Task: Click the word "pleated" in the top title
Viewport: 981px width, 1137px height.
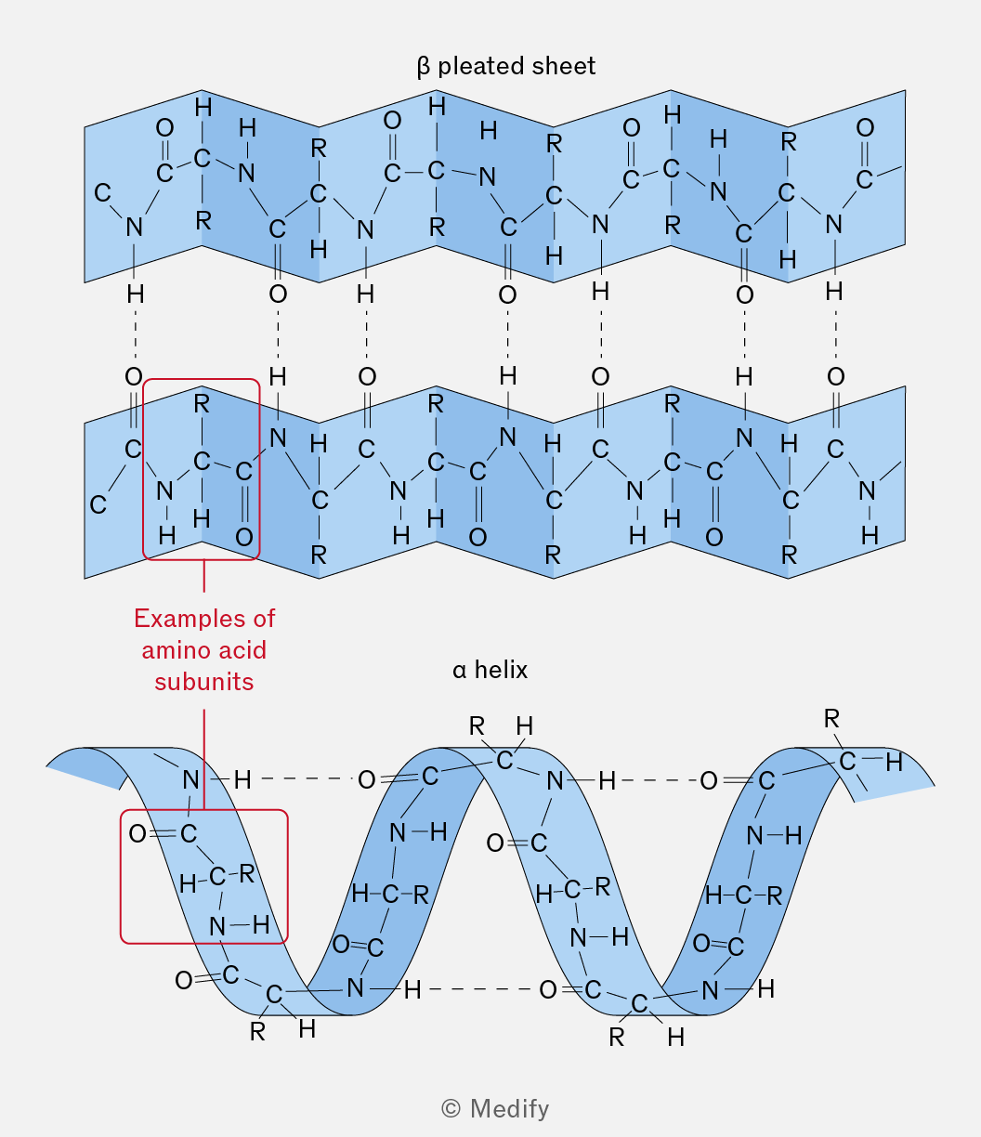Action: pyautogui.click(x=476, y=67)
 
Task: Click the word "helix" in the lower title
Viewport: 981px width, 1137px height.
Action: pyautogui.click(x=501, y=670)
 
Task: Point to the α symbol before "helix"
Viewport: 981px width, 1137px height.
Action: pyautogui.click(x=460, y=672)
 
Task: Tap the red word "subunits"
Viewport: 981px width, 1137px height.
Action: pyautogui.click(x=204, y=682)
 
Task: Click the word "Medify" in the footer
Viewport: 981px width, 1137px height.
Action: pyautogui.click(x=509, y=1108)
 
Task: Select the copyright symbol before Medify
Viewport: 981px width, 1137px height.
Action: pyautogui.click(x=451, y=1108)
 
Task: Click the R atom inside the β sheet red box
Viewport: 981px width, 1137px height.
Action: pyautogui.click(x=202, y=404)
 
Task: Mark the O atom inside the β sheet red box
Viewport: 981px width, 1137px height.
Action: pyautogui.click(x=244, y=538)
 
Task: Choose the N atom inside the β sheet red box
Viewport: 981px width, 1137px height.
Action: pyautogui.click(x=164, y=490)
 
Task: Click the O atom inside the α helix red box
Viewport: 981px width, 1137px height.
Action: pyautogui.click(x=137, y=834)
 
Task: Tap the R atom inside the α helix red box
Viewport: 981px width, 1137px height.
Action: pyautogui.click(x=247, y=873)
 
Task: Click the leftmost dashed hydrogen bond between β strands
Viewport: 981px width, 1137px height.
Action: pyautogui.click(x=136, y=335)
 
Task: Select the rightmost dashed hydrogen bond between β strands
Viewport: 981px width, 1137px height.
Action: pyautogui.click(x=836, y=334)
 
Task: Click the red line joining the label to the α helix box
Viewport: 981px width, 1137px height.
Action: pyautogui.click(x=204, y=759)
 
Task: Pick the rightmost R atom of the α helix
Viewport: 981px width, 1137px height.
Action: pyautogui.click(x=831, y=719)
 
